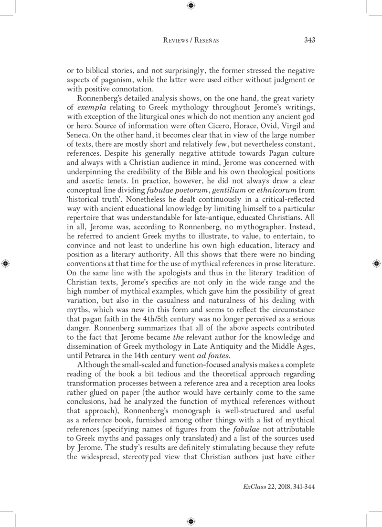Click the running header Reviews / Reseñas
coord(191,41)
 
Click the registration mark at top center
coord(191,6)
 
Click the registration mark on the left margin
coord(6,263)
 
